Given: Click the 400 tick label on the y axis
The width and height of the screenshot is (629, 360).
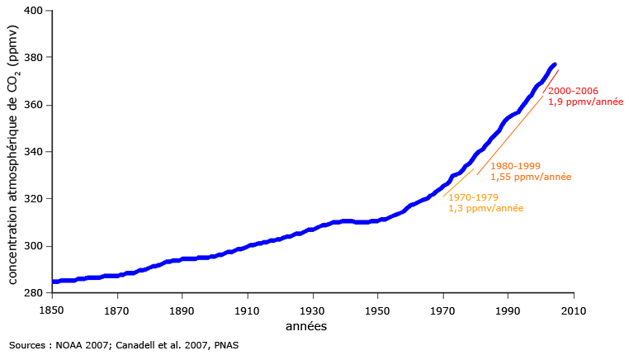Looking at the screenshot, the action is click(33, 11).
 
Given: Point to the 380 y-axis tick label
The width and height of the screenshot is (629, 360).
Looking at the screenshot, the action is click(33, 58).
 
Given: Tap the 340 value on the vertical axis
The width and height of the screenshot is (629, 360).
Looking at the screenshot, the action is click(33, 152).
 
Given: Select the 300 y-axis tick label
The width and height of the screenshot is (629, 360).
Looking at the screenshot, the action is click(33, 246).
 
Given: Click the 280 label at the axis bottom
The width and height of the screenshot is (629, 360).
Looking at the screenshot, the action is click(33, 293).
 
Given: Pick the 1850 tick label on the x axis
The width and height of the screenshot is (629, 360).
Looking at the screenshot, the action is click(52, 311).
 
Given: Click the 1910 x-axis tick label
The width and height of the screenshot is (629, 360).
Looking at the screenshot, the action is click(247, 311).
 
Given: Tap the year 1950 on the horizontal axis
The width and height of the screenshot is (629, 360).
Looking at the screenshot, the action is click(377, 311).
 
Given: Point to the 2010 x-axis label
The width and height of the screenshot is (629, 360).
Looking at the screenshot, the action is click(574, 311).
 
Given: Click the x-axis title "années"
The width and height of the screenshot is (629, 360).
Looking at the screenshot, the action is click(306, 326).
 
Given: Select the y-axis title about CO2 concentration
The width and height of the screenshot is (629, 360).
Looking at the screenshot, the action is click(12, 154).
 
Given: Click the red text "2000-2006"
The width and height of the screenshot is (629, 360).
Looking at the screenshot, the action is click(573, 91).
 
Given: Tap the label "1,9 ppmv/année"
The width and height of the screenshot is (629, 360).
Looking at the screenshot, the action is click(586, 102).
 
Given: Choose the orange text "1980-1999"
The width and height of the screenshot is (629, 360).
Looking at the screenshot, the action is click(515, 166).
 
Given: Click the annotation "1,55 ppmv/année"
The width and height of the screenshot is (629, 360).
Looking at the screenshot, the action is click(531, 177).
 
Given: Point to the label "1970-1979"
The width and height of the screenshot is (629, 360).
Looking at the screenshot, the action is click(473, 197).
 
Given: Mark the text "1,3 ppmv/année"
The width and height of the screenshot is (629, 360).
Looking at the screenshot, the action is click(486, 208).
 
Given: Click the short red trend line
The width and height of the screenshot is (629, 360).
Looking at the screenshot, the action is click(551, 82).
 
